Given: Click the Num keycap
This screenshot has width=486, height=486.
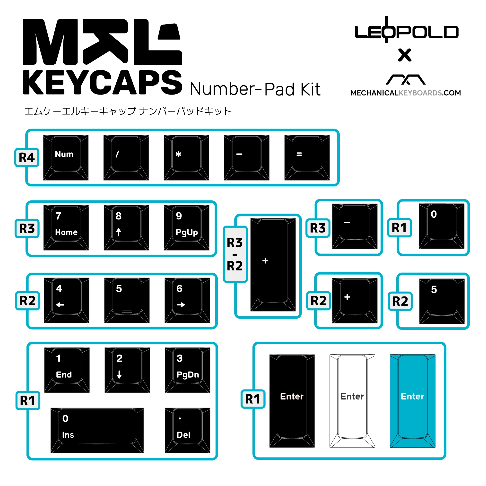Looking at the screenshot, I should pos(66,158).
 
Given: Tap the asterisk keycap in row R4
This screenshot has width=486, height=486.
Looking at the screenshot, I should pos(186,158).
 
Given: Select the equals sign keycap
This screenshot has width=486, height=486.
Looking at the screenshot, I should pos(307,158).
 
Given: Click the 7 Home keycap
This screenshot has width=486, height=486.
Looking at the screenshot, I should pos(66,228).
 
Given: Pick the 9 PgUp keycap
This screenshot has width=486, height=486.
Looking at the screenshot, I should pos(187,228).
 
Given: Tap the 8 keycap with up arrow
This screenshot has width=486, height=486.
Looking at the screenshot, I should pos(126,228).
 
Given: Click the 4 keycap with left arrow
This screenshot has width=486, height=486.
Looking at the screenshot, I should pos(66,300).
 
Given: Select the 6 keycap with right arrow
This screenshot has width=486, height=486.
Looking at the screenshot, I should pos(187,300).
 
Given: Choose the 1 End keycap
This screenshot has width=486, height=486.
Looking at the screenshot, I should pos(67,370).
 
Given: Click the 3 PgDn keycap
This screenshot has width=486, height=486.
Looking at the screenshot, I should pos(188,370).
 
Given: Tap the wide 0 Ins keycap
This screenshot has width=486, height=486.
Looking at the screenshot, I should pos(97,430).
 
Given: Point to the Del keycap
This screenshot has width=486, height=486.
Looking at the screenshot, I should pos(188,430).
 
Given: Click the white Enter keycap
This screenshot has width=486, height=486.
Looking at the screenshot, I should pos(352,401).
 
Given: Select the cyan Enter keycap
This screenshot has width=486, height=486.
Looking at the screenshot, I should pos(413,401).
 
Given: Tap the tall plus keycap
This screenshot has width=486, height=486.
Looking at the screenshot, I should pos(273,265).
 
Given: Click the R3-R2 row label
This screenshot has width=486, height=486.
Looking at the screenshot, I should pos(235,254).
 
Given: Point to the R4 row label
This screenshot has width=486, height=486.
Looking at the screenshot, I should pos(27,157).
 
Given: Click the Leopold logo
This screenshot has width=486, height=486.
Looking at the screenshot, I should pos(406,31).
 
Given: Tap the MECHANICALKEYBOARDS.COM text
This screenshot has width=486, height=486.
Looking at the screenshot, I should pos(406,93).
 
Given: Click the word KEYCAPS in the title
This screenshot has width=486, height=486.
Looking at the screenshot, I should pos(102,82).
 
